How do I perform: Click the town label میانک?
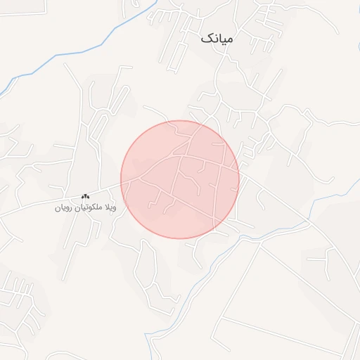(215, 39)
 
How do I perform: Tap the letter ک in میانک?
(205, 38)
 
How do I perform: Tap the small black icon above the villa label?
(86, 196)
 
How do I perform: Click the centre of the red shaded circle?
(180, 179)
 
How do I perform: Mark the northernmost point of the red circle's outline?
(180, 120)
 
